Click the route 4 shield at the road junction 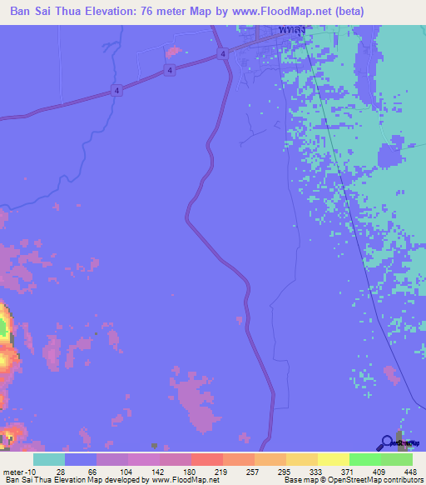223,53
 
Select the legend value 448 396,472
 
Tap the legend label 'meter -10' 17,472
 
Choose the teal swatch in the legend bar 49,459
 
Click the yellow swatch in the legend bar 333,459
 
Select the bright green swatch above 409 364,459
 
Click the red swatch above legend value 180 206,459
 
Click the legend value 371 333,472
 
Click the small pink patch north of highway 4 172,52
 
